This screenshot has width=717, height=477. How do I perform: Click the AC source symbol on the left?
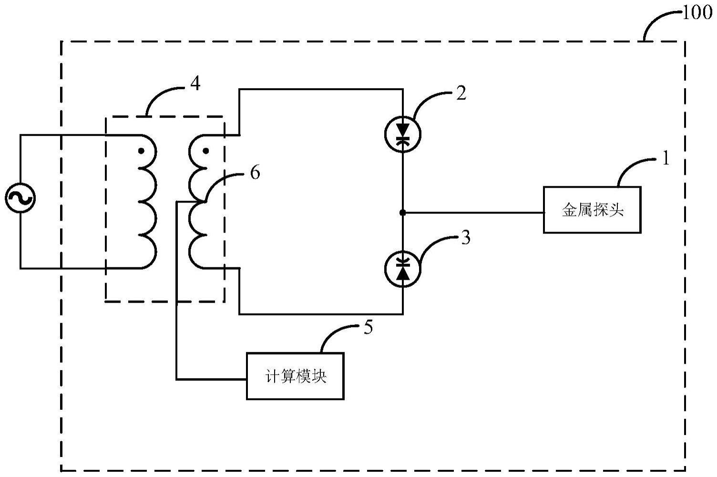(x=20, y=198)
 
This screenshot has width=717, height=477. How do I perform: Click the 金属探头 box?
(x=592, y=210)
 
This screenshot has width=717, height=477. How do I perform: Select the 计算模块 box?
(x=295, y=376)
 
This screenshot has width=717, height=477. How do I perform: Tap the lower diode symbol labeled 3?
(x=403, y=269)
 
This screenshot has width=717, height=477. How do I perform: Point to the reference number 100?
(x=697, y=13)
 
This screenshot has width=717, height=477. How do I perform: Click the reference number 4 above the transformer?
(x=195, y=84)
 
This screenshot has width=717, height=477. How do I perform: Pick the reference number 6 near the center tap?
(x=255, y=173)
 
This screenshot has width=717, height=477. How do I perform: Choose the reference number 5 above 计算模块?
(x=368, y=328)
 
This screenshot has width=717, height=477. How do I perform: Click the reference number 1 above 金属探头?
(x=666, y=159)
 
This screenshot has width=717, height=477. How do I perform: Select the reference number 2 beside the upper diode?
(x=461, y=93)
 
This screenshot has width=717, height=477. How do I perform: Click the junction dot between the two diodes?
(x=403, y=213)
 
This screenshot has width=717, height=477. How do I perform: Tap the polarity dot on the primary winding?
(x=141, y=151)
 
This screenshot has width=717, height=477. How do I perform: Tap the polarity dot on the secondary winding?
(x=205, y=151)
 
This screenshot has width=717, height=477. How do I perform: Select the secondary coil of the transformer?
(x=197, y=202)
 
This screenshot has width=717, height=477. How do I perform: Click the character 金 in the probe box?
(x=569, y=210)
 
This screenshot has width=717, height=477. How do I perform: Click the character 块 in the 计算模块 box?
(x=320, y=376)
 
